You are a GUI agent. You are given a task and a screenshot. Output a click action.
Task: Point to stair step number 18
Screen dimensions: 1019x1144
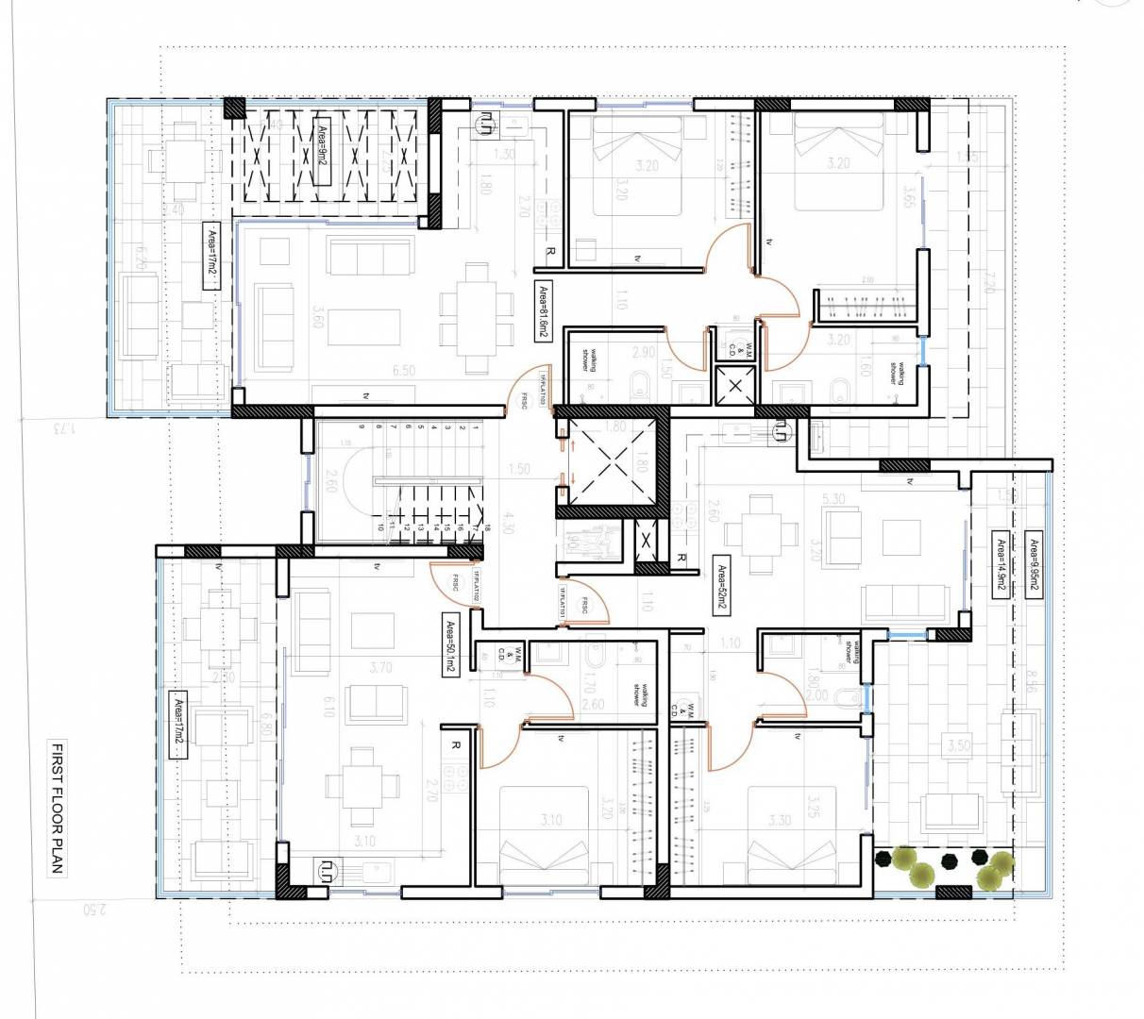[488, 531]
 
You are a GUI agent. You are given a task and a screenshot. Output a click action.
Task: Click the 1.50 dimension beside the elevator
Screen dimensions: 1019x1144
[518, 469]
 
